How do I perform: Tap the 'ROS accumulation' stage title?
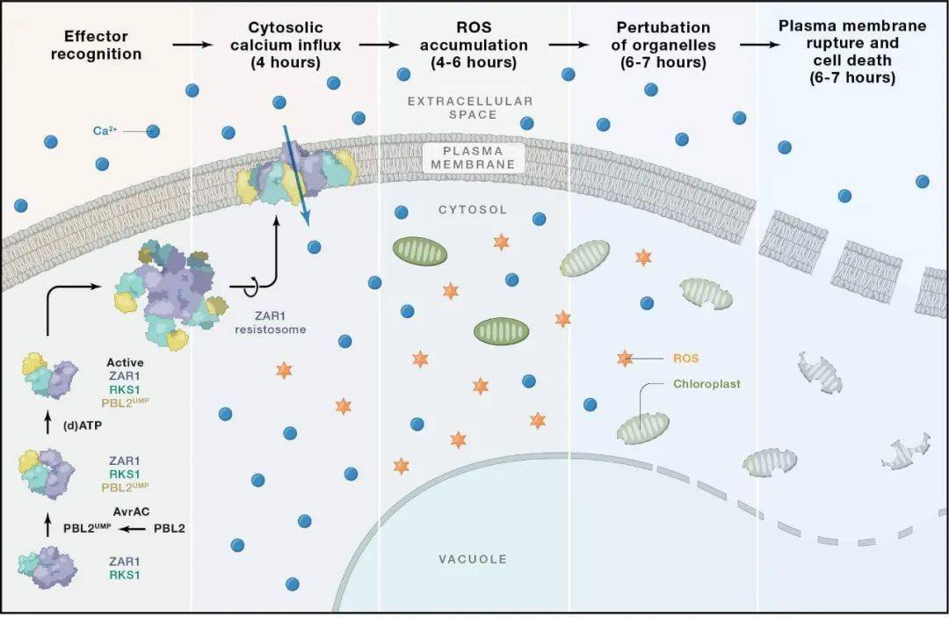474,45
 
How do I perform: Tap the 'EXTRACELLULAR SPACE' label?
470,108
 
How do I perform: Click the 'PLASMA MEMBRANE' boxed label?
474,156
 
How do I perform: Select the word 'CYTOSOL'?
473,210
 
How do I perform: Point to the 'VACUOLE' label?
474,559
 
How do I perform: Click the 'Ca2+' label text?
105,131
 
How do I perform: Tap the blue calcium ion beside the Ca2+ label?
153,132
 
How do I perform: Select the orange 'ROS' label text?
685,358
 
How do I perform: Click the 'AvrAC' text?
129,511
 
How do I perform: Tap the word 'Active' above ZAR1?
125,361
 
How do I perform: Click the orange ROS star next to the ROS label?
625,359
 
